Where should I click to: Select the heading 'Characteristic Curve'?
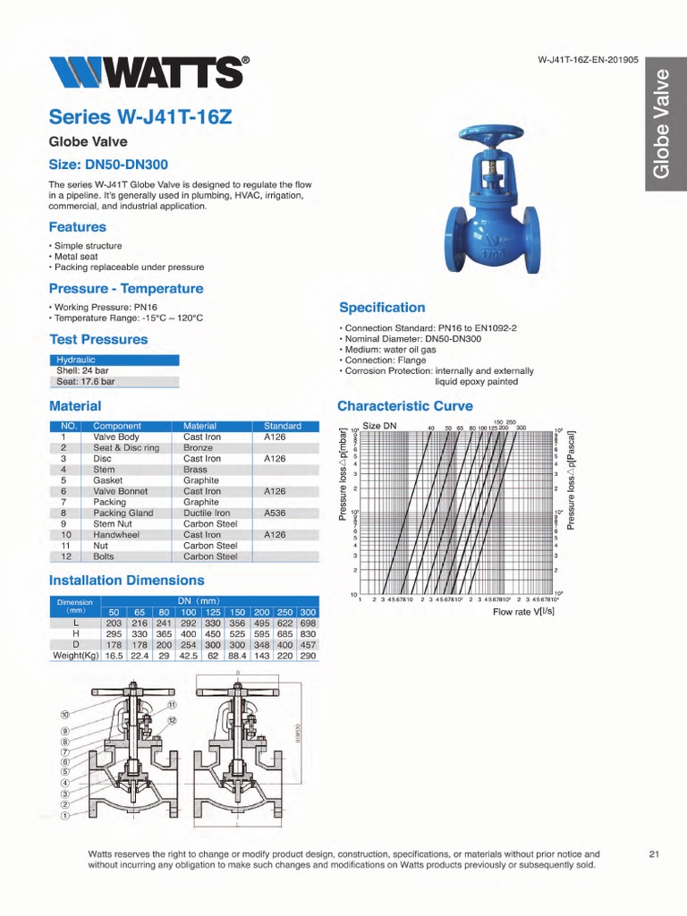tap(404, 406)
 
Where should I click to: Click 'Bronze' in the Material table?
tap(198, 448)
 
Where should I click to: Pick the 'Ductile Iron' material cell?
tap(207, 513)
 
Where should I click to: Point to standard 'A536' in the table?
tap(275, 513)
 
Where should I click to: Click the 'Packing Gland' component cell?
tap(123, 513)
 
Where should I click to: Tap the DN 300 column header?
tap(308, 612)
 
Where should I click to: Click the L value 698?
tap(308, 623)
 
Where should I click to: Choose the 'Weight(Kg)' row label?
tap(75, 655)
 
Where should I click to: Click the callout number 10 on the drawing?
tap(65, 715)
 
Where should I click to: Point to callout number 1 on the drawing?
tap(64, 816)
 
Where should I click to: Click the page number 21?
tap(653, 854)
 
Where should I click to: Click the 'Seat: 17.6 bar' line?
tap(86, 381)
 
